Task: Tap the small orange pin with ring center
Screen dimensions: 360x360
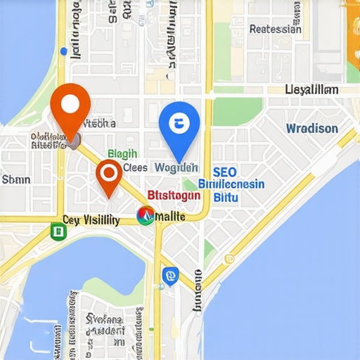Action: pos(109,173)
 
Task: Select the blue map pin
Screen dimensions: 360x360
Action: pos(179,126)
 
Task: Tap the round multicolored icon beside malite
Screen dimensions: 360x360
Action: pos(146,215)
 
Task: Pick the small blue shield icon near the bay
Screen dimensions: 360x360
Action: pos(169,276)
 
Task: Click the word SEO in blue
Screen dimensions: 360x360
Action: pos(224,172)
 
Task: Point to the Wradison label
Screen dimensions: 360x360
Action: pos(311,129)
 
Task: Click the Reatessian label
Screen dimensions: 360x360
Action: pos(275,30)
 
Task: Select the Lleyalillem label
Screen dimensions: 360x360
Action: pos(311,90)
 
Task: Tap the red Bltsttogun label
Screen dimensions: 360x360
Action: pos(174,195)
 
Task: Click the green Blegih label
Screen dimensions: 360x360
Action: pos(123,154)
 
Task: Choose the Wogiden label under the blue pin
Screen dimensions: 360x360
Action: pos(176,168)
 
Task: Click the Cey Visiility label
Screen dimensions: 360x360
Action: pos(91,219)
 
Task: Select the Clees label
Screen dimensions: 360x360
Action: pos(135,168)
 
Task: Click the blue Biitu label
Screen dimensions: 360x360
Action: pos(225,198)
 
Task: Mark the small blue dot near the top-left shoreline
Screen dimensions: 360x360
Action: pos(65,51)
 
